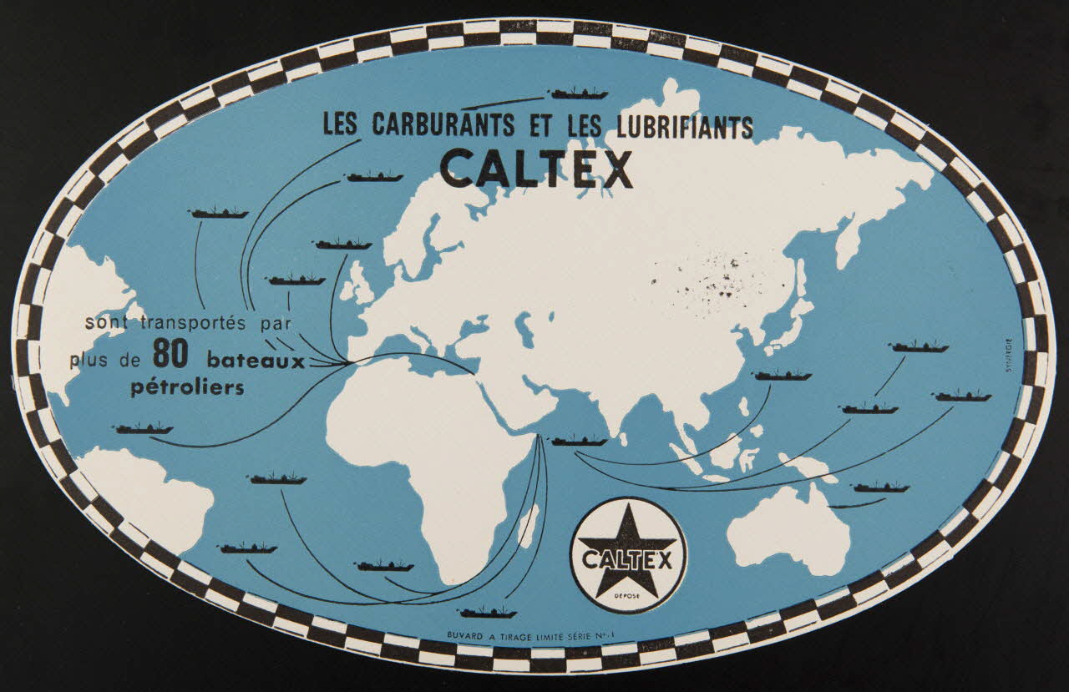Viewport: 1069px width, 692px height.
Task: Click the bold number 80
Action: pyautogui.click(x=173, y=356)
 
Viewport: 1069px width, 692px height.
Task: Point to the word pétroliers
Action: pyautogui.click(x=188, y=387)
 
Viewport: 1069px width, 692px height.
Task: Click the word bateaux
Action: pyautogui.click(x=255, y=361)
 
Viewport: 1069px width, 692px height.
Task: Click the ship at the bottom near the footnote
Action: pyautogui.click(x=488, y=612)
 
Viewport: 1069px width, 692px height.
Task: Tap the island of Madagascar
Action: pyautogui.click(x=528, y=526)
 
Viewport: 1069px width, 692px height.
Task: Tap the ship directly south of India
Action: pyautogui.click(x=580, y=440)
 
